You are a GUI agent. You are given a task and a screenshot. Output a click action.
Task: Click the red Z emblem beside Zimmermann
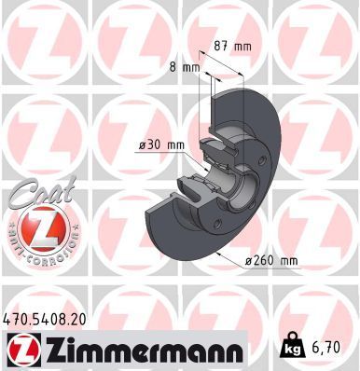(20, 350)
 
